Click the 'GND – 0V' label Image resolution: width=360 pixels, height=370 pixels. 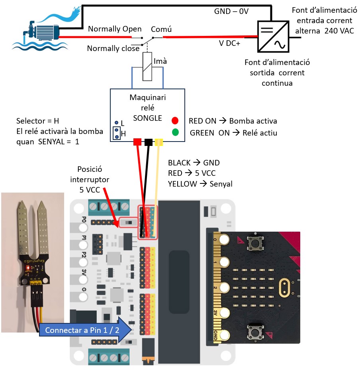(x=231, y=12)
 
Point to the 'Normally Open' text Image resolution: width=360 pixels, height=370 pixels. (x=115, y=29)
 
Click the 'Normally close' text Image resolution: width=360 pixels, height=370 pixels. (x=113, y=49)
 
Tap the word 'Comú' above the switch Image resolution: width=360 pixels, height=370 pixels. (x=161, y=29)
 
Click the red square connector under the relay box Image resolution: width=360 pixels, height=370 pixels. (x=137, y=142)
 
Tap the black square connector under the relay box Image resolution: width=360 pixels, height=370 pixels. (x=148, y=142)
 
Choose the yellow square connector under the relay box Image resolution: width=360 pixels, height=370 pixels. (x=159, y=142)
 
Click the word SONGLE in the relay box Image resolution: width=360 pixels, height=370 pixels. (x=148, y=118)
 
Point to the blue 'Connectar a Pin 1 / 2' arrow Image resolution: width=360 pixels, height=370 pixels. (x=85, y=330)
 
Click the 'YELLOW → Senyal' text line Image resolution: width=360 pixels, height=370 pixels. (x=200, y=184)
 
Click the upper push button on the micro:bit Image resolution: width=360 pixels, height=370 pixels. (x=253, y=242)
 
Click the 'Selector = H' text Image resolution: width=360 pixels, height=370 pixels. (x=38, y=121)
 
